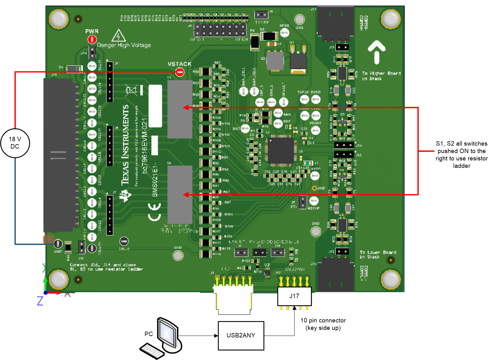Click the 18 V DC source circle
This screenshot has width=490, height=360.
click(x=15, y=143)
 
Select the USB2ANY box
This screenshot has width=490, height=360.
click(x=241, y=336)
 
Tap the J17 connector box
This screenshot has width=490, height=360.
click(x=294, y=296)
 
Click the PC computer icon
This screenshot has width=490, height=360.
click(x=162, y=338)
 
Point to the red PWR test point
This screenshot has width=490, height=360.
click(x=92, y=40)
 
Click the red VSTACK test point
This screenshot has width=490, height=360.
click(x=180, y=72)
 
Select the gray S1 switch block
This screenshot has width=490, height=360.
click(x=180, y=109)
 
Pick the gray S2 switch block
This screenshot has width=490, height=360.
click(x=180, y=194)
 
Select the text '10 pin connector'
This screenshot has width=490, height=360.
click(x=323, y=320)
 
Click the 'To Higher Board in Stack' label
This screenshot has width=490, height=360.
click(x=381, y=76)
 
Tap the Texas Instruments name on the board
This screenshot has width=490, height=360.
click(x=125, y=145)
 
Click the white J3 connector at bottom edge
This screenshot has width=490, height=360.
click(x=234, y=298)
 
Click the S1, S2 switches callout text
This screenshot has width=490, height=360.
click(x=461, y=155)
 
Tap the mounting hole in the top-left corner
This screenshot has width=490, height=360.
click(x=58, y=19)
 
